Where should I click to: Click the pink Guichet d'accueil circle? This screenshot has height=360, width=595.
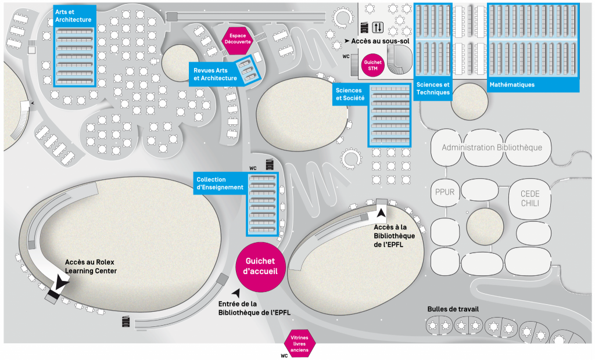[260, 267]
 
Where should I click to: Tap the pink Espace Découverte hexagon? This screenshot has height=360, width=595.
[237, 39]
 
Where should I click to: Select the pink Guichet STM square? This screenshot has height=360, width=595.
[371, 64]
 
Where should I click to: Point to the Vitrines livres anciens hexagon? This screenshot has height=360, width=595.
[300, 342]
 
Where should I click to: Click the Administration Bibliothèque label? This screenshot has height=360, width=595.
[492, 147]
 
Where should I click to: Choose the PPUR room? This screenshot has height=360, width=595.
[444, 192]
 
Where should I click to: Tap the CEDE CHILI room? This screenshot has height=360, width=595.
[530, 197]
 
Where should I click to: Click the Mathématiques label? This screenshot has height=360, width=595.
[512, 85]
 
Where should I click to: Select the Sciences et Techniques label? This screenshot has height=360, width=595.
[433, 88]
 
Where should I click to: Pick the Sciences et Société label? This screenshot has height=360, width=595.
[350, 94]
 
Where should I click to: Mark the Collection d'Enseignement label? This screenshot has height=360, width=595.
[220, 183]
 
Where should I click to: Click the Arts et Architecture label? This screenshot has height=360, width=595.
[73, 16]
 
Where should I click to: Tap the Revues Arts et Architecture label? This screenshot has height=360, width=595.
[215, 74]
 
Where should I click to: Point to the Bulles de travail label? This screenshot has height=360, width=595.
[453, 309]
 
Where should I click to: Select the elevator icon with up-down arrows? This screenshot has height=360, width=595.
[378, 27]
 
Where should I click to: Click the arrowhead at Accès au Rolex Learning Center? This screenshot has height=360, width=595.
[60, 283]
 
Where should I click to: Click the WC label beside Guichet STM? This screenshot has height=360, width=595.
[346, 57]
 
